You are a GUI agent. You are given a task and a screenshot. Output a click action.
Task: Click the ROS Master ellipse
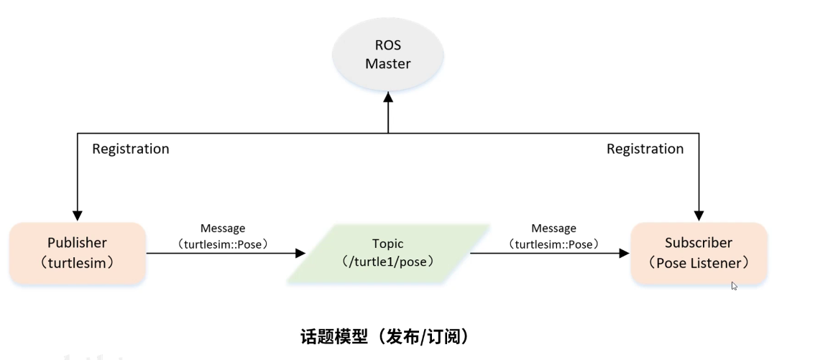tap(387, 54)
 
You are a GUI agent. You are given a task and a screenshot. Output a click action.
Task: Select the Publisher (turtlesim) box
tap(78, 252)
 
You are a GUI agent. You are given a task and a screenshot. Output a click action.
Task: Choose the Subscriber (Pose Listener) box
tap(699, 252)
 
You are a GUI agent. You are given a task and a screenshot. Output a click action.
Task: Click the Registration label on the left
tap(131, 149)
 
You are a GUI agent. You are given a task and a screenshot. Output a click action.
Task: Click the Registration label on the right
tap(645, 149)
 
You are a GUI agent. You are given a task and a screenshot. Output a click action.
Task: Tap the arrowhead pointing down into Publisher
tap(78, 215)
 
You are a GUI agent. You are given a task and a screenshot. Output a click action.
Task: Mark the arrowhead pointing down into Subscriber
tap(699, 215)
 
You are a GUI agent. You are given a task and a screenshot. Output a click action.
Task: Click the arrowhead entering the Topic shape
tap(300, 253)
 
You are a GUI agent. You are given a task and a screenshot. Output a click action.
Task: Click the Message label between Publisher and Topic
tap(224, 229)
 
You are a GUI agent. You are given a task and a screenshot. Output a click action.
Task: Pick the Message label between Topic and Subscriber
tap(553, 229)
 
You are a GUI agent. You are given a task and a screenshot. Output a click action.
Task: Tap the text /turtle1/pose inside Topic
tap(388, 262)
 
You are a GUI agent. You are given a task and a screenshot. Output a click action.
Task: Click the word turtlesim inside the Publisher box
tap(78, 262)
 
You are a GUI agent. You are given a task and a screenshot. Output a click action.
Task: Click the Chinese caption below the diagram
tap(384, 336)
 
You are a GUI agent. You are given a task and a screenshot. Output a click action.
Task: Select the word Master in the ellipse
tap(387, 64)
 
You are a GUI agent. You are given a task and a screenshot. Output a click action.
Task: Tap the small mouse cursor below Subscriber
tap(734, 285)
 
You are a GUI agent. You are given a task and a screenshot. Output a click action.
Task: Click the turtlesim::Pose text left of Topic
tap(224, 244)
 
